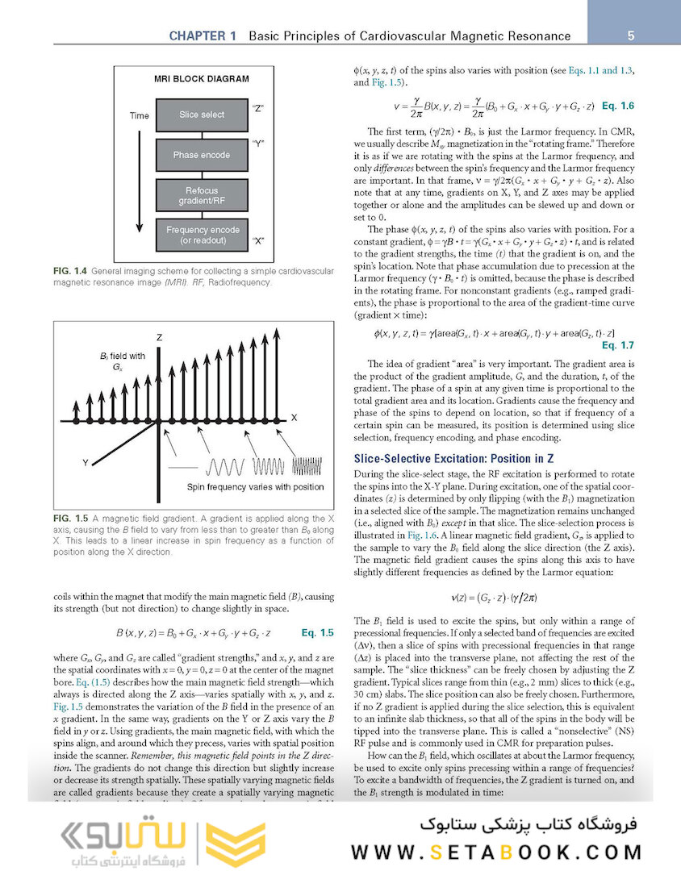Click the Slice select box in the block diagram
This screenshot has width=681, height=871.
point(202,115)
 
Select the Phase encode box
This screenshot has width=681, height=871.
point(202,155)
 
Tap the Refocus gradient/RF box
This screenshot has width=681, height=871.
point(202,195)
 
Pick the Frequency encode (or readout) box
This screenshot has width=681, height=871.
point(202,235)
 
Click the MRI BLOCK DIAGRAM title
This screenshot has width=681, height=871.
point(201,79)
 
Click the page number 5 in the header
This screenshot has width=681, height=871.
point(629,35)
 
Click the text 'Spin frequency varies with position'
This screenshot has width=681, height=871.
point(255,487)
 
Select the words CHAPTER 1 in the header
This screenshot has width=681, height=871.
point(203,36)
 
